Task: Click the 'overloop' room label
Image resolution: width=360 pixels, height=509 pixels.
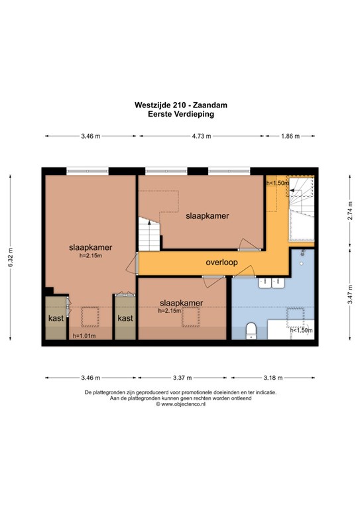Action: (x=221, y=262)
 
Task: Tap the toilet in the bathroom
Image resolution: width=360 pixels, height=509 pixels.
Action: (x=251, y=331)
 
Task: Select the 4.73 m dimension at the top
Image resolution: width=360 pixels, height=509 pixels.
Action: (x=202, y=136)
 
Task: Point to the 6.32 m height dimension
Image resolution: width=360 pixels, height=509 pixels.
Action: (x=11, y=257)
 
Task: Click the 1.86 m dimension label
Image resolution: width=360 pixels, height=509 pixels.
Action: (x=290, y=136)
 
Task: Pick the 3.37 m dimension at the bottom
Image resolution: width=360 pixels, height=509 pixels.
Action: (x=182, y=378)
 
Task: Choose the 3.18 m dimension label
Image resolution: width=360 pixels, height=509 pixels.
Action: (x=273, y=378)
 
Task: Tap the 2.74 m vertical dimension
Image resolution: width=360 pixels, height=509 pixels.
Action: (x=350, y=211)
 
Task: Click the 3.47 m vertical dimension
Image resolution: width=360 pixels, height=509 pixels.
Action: (x=350, y=294)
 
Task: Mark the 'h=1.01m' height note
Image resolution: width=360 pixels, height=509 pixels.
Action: (x=84, y=336)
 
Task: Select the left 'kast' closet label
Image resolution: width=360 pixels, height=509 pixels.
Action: (x=56, y=318)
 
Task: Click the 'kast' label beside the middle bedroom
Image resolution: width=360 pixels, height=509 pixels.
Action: (x=125, y=318)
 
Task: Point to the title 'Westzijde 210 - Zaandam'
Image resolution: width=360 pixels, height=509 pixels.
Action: (x=181, y=105)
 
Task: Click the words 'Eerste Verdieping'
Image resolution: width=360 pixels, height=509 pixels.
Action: (x=181, y=114)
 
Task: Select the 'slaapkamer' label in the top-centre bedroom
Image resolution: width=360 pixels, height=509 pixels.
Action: (x=208, y=216)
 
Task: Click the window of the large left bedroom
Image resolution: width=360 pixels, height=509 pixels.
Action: (x=88, y=171)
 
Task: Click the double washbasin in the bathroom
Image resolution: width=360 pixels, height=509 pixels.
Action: (x=272, y=282)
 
